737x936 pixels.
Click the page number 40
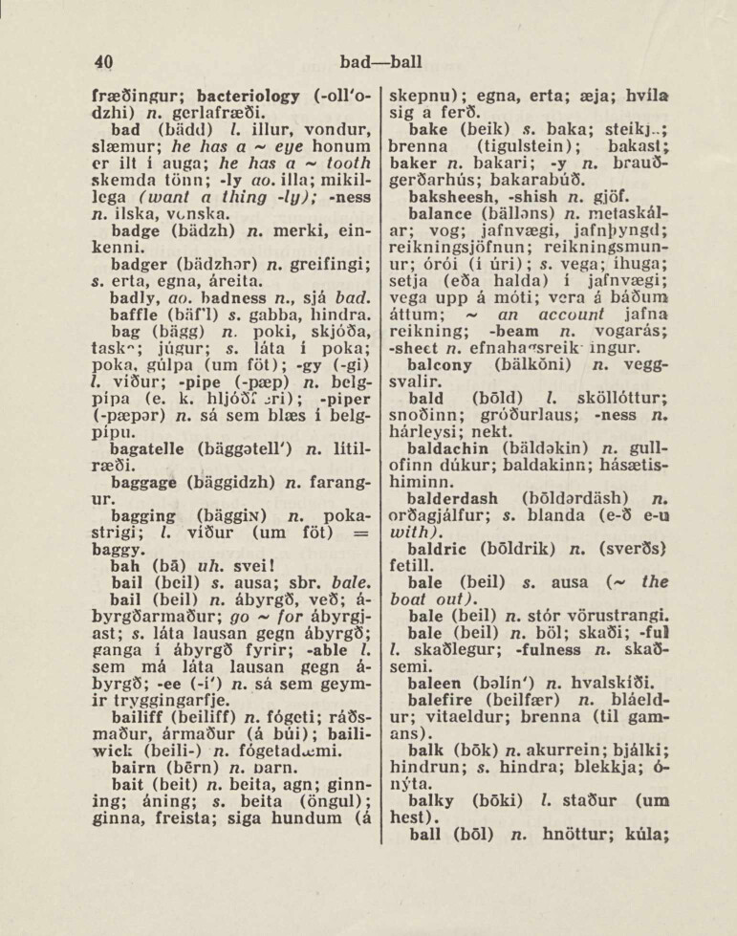click(x=104, y=62)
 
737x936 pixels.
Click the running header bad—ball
click(x=380, y=62)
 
